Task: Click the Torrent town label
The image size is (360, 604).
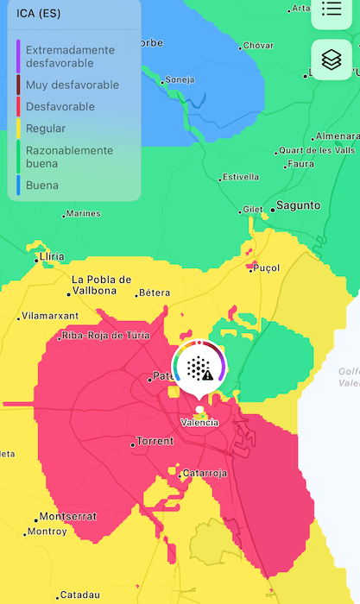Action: (x=155, y=441)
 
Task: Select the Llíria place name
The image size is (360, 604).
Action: (x=53, y=257)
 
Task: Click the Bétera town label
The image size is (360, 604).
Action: (x=154, y=293)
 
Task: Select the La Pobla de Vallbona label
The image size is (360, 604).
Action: (x=102, y=285)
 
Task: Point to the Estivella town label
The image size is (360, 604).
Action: (x=240, y=177)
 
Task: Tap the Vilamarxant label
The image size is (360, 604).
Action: (x=48, y=316)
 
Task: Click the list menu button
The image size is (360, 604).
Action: (x=332, y=9)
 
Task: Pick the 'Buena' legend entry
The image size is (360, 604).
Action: (x=42, y=185)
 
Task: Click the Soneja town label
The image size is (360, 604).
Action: (x=180, y=79)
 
